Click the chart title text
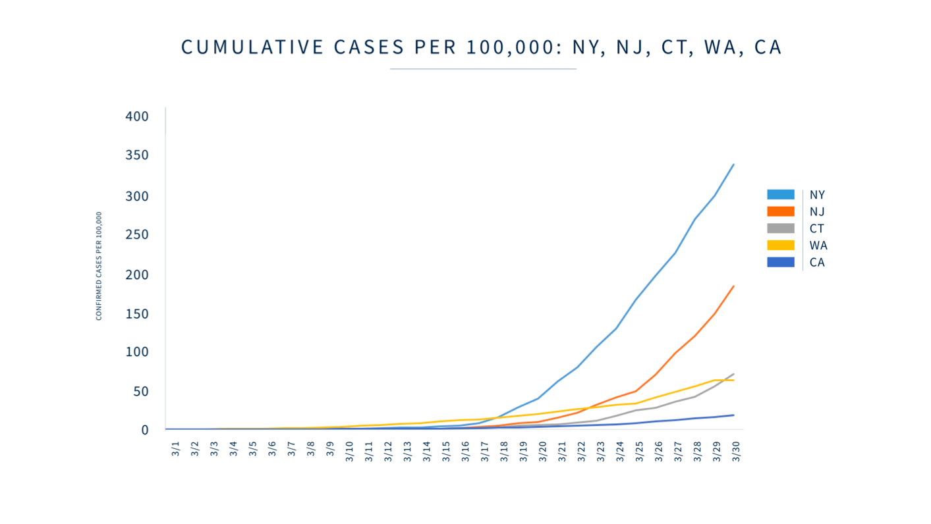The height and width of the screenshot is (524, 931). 482,47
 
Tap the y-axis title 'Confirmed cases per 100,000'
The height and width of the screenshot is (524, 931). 99,266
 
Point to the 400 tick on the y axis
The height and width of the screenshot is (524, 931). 136,117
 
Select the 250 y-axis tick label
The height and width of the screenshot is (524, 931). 136,235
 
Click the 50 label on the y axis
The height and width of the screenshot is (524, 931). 140,392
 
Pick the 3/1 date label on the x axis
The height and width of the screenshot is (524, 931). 175,450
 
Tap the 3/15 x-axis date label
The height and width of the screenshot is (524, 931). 446,452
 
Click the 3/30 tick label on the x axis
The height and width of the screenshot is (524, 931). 736,452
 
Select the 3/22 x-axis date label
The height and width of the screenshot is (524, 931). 581,452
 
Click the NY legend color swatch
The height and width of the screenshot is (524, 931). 780,195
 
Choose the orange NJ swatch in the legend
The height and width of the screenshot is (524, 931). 780,211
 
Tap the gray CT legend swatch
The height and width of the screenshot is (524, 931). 780,228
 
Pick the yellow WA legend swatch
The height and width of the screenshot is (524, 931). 780,246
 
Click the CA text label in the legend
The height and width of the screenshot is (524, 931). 817,263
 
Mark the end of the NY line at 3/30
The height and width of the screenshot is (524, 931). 733,165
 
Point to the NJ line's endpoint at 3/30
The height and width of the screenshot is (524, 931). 733,286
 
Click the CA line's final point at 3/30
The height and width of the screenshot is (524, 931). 733,415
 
